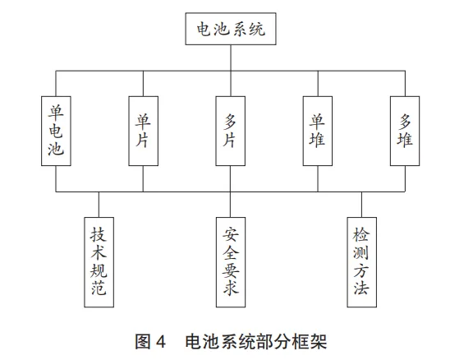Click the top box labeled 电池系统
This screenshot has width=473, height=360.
coord(231,29)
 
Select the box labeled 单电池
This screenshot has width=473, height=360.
coord(56,131)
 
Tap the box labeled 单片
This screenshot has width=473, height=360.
coord(143,131)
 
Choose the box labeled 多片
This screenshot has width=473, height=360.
coord(231,131)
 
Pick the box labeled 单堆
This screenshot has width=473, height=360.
coord(318,131)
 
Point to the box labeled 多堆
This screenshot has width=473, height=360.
coord(405,131)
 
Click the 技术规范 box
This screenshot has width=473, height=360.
coord(99,262)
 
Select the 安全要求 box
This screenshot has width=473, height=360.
coord(231,262)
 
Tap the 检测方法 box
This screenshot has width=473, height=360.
coord(362,262)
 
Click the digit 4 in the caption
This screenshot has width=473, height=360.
coord(161,342)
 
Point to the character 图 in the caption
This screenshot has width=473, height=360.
coord(143,342)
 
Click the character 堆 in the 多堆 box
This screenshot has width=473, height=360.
coord(405,140)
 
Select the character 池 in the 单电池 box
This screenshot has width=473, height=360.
coord(56,148)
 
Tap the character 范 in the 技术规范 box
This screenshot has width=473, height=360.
coord(99,287)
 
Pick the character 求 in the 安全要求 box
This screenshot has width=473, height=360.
coord(231,287)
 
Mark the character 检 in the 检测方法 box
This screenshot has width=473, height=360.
coord(361,234)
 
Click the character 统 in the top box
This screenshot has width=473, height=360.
coord(257,30)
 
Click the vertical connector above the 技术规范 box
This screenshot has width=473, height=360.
coord(99,205)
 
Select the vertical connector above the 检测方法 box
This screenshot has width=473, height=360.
coord(361,205)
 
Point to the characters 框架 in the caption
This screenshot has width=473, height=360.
coord(310,342)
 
